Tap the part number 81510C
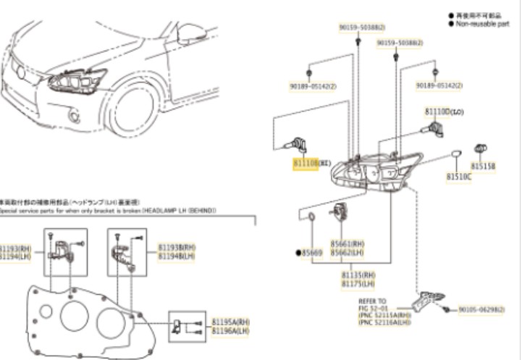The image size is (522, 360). point(458,176)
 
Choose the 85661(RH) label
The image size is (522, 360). point(347,244)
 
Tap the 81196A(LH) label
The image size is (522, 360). point(230,330)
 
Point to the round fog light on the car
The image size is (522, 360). point(74,116)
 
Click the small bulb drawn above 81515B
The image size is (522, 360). point(479,148)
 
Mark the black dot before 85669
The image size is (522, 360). point(297,253)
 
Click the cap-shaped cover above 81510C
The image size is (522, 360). point(456,154)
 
